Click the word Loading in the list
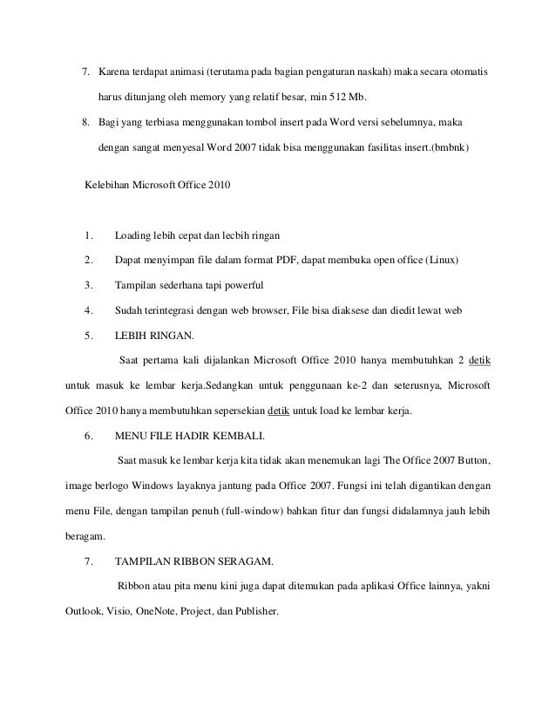pyautogui.click(x=133, y=235)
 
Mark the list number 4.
pyautogui.click(x=89, y=309)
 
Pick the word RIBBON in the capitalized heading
pyautogui.click(x=191, y=560)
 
